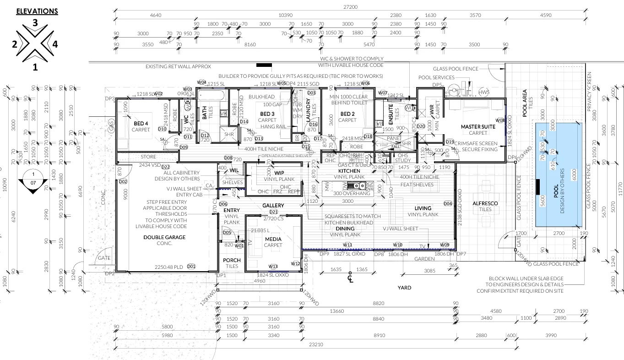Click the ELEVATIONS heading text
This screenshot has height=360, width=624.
(x=37, y=11)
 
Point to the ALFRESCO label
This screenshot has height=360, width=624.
(x=485, y=203)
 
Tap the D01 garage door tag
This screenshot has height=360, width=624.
(x=191, y=267)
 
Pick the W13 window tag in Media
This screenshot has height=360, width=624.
(x=273, y=267)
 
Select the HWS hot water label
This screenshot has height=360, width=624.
(x=484, y=92)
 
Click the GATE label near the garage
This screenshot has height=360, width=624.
(x=104, y=258)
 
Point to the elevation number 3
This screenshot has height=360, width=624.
(x=35, y=22)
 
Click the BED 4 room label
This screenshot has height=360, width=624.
(x=141, y=124)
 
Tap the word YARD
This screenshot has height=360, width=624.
(x=404, y=288)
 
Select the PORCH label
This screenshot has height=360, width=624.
(x=232, y=261)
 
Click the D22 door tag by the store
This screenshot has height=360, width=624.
(x=165, y=167)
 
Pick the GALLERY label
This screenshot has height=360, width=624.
(x=273, y=206)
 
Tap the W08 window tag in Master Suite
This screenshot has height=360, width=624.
(x=500, y=120)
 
